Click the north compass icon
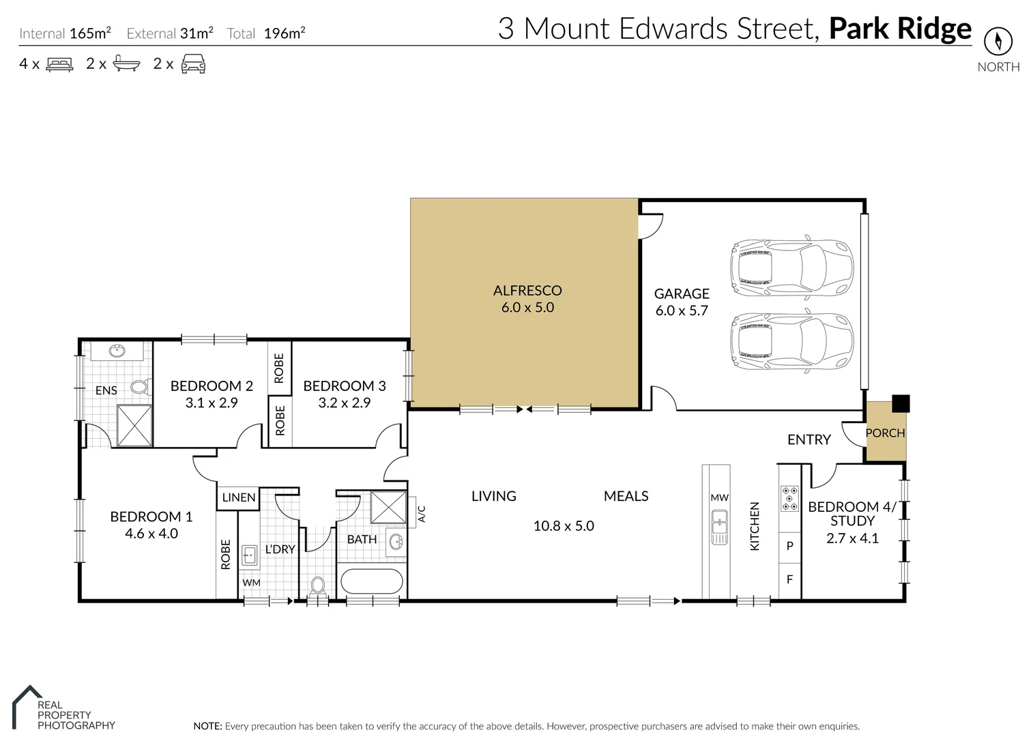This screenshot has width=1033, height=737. [998, 42]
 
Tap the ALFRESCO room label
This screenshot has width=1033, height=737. [527, 291]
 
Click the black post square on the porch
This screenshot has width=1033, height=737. [901, 403]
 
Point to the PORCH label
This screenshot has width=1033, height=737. [885, 433]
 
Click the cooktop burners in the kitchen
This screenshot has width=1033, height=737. [789, 498]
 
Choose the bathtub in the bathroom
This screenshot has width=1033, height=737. [372, 582]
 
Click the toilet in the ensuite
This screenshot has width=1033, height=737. [140, 388]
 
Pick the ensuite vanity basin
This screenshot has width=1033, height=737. [117, 351]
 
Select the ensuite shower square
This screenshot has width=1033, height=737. [134, 425]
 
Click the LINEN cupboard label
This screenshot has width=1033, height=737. [239, 497]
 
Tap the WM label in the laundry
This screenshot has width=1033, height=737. [251, 583]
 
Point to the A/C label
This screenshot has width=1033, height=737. [421, 514]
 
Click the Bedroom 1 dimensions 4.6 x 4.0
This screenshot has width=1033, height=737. [151, 534]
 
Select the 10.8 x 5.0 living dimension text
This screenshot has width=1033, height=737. [564, 526]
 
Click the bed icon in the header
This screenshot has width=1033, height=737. [59, 64]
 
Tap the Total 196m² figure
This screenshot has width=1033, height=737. [284, 33]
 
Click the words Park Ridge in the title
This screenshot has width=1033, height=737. [899, 29]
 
